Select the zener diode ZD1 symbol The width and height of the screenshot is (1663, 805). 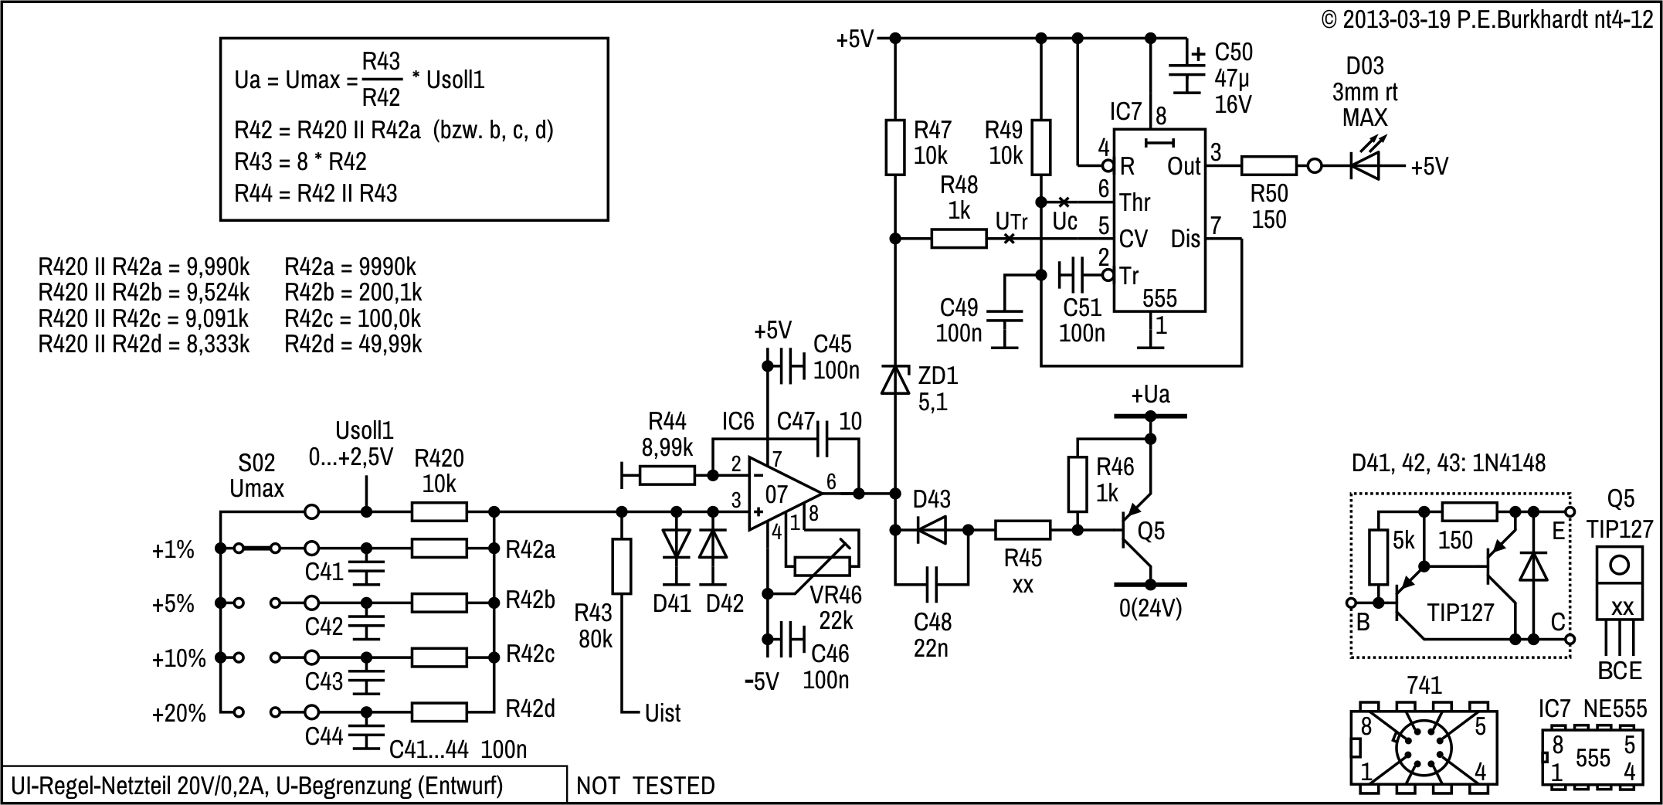pos(895,380)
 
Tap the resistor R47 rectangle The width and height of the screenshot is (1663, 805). pos(895,147)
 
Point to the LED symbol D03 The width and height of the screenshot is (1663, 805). pos(1365,165)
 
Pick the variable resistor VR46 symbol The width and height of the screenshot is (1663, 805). pos(822,566)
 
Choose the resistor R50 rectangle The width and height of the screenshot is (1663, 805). pos(1268,165)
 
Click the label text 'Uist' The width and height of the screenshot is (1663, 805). pos(663,713)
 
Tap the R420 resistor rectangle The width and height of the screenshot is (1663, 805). pos(439,511)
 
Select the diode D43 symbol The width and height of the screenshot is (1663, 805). pos(932,530)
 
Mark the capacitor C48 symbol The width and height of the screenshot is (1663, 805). pos(932,584)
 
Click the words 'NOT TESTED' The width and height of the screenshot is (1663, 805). pos(646,786)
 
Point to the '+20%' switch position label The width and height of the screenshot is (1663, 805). pos(179,713)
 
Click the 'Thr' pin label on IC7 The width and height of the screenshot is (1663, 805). pos(1135,202)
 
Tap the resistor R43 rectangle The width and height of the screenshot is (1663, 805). pos(622,566)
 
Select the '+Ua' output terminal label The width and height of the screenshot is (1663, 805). pos(1150,396)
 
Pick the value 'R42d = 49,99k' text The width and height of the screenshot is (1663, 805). pos(353,344)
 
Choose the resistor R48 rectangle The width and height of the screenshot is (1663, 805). pos(959,239)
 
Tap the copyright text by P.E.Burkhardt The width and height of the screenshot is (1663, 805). pos(1487,20)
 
